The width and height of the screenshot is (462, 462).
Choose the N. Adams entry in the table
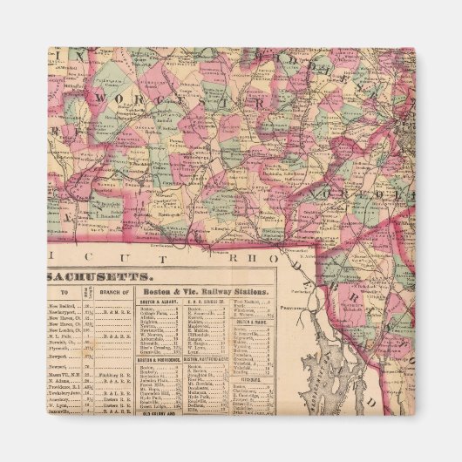[61, 381]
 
